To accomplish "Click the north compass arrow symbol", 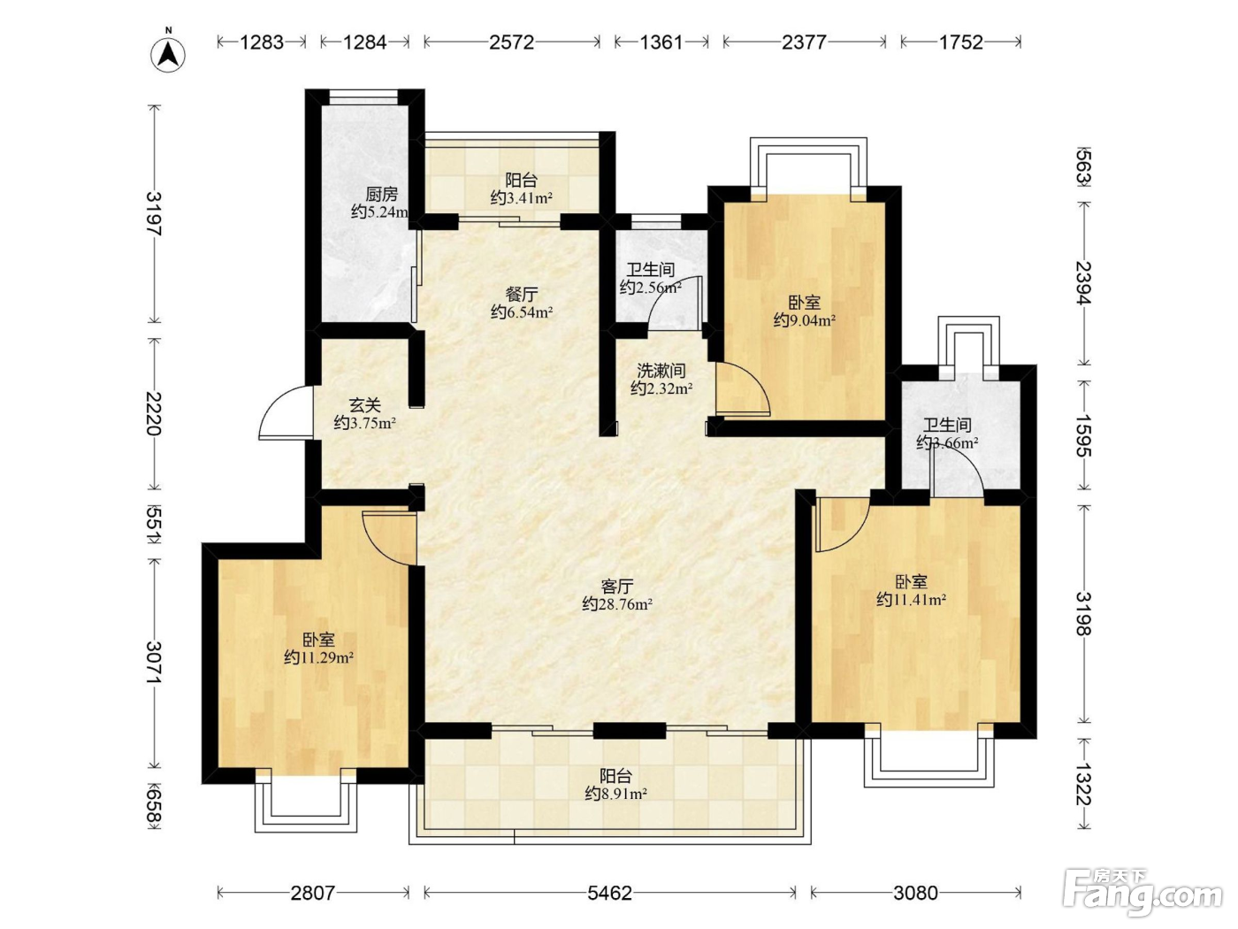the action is [x=168, y=55].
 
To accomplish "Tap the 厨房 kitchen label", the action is [x=382, y=195].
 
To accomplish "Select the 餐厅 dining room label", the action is [x=522, y=295].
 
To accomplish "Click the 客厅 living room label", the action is [x=617, y=587].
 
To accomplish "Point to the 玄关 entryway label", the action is [x=365, y=405].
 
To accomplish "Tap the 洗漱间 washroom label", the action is [x=661, y=371].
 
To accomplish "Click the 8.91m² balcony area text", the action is [x=615, y=795].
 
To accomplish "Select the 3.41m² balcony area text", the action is [x=521, y=198].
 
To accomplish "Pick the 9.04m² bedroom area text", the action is [x=805, y=320].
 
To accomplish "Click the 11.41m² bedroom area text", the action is [x=911, y=599].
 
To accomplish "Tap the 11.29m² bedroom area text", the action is [x=318, y=657].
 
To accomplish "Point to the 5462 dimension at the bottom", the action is [x=609, y=893].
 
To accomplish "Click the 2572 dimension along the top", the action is [x=511, y=42].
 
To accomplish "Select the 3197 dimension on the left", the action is [x=154, y=214].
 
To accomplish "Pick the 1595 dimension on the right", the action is [x=1083, y=435].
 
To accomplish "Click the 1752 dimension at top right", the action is [x=961, y=42].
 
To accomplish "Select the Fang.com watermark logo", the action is [x=1142, y=893].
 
